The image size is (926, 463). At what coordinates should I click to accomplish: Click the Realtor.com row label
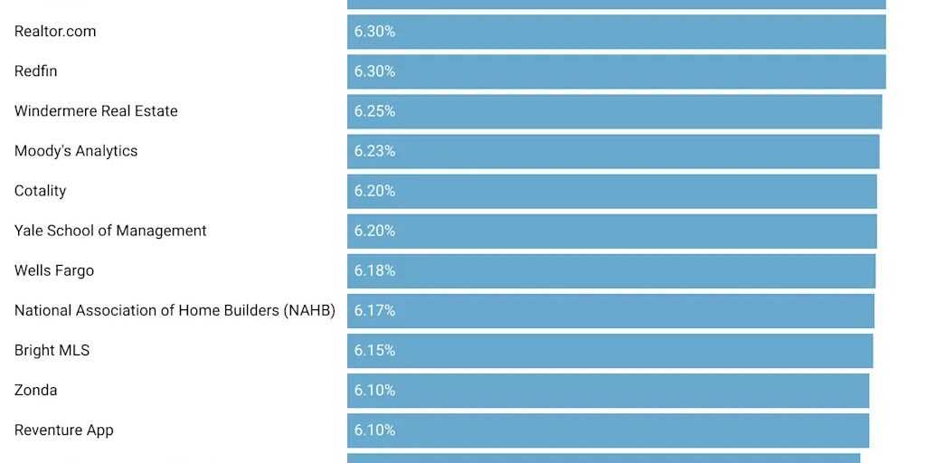point(55,32)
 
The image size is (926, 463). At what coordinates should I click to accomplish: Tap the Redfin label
point(36,71)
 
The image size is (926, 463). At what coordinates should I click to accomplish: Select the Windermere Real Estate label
point(96,111)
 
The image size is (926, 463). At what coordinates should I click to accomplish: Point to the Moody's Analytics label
point(76,151)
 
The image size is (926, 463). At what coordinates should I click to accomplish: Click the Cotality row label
point(41,191)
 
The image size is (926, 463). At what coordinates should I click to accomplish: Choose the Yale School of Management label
point(110,231)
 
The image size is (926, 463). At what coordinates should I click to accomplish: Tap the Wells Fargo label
point(54,270)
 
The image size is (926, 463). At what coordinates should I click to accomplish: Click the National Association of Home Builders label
point(175,310)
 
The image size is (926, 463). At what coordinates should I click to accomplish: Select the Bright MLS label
point(52,350)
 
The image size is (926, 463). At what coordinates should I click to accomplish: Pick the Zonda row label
point(36,390)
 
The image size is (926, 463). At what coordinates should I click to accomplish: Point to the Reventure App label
point(64,430)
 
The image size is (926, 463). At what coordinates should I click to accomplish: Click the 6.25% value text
point(374,111)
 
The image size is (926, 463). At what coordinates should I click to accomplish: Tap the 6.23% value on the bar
point(374,151)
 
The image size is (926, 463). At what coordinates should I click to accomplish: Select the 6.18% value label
point(374,270)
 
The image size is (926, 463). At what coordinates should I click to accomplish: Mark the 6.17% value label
point(374,310)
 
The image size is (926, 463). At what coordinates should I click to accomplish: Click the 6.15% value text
point(374,350)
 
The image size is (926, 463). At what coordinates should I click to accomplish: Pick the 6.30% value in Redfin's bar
point(374,71)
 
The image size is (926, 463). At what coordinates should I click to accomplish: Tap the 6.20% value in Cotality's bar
point(374,191)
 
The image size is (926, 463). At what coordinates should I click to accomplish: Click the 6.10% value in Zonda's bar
point(374,390)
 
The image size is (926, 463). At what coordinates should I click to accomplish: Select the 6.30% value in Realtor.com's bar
point(374,32)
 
